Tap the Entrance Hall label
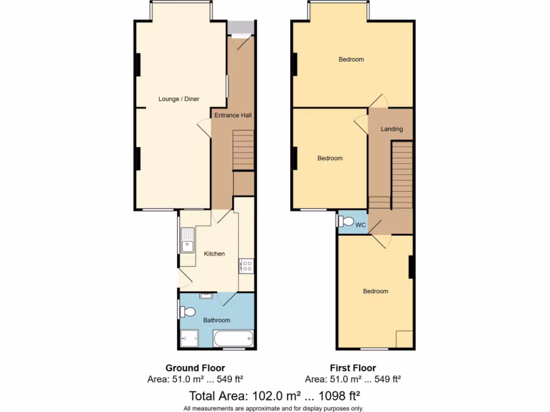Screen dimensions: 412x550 point(233,115)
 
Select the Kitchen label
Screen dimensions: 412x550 point(214,254)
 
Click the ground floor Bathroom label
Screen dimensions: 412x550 point(216,320)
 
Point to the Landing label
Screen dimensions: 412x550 point(392,129)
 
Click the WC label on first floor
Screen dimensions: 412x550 point(360,225)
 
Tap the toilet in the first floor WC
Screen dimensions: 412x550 point(345,221)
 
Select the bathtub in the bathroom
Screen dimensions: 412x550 point(233,339)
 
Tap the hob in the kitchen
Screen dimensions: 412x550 point(247,266)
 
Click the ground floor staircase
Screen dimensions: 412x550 point(243,150)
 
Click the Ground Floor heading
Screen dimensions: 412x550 point(195,368)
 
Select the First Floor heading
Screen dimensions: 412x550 point(353,368)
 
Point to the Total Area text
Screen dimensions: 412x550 point(274,396)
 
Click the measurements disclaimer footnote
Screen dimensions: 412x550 point(274,408)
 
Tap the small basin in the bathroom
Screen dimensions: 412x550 point(206,296)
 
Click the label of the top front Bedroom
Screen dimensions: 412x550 point(351,60)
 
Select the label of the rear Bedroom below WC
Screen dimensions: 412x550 point(375,291)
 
